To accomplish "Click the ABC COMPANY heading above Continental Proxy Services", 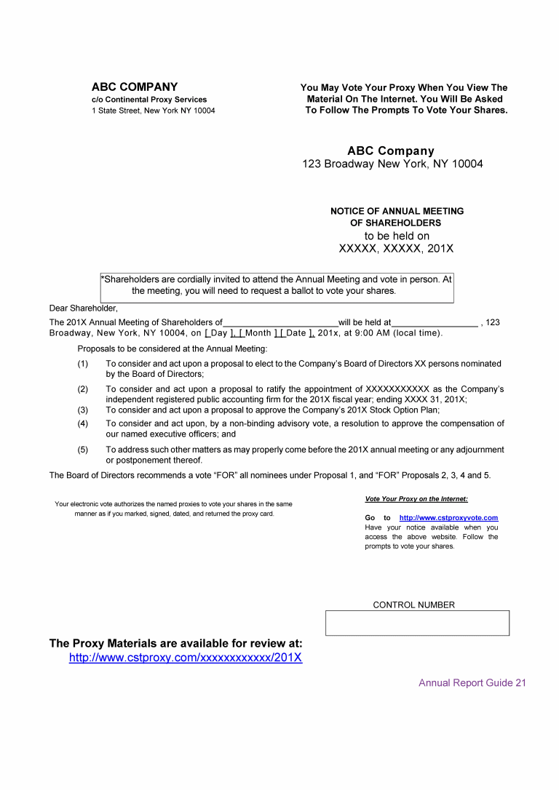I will [x=135, y=87].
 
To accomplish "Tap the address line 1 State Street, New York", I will [x=153, y=111].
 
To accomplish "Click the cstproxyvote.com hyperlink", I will [x=448, y=518].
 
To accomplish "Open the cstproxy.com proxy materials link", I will [x=186, y=658].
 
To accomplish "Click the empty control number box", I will [x=417, y=623].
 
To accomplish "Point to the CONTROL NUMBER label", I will [x=413, y=605].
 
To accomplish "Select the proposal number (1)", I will [x=83, y=364].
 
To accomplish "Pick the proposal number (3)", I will [x=83, y=410].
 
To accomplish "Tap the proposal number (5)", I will [x=83, y=450].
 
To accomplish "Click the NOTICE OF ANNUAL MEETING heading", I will [x=397, y=212].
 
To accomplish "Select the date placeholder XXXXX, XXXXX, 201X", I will [x=396, y=249].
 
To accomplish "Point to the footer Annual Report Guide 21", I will [x=472, y=683].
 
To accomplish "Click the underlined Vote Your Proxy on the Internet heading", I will [x=416, y=499].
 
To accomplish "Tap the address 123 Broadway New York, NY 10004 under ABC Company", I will [x=392, y=164].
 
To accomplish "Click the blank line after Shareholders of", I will [x=280, y=323].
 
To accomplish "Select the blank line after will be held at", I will [x=435, y=323].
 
